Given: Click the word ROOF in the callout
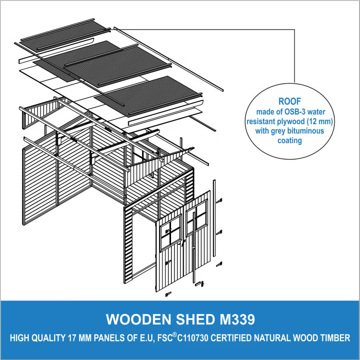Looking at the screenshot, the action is pos(289,101).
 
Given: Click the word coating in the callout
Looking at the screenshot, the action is pos(290,140).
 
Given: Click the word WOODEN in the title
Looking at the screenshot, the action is pos(139,319).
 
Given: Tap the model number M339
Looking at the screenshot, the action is pos(238,319).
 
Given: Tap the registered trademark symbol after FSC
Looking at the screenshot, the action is pos(175,335).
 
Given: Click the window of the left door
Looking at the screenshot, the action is pos(171,233).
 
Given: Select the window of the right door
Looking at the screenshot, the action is pos(197,218).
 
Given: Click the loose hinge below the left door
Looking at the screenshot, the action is pos(168,294).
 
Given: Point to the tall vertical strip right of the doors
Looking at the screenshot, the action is pos(214,218).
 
